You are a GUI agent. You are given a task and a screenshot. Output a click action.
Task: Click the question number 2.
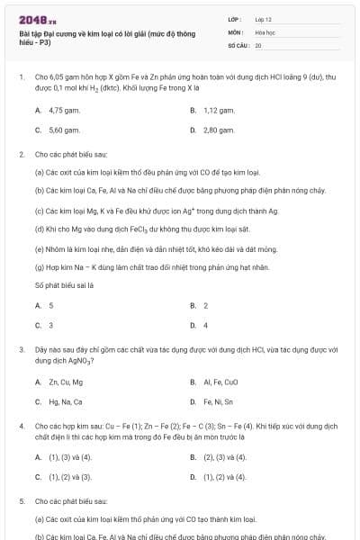coord(21,154)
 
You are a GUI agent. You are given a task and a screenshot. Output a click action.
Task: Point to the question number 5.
coord(21,499)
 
